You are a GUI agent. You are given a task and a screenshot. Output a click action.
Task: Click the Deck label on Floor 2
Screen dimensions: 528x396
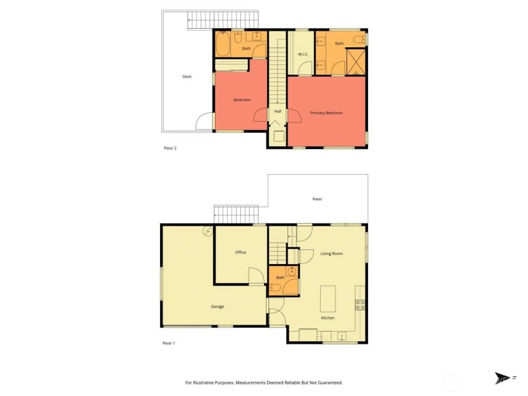187,77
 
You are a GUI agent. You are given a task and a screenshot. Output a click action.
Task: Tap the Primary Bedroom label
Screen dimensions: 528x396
326,113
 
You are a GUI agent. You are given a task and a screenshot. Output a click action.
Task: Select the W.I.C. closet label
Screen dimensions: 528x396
303,54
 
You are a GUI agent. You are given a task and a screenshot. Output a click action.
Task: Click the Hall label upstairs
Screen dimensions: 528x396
278,111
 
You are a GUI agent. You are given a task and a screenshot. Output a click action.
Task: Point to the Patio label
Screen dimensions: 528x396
317,199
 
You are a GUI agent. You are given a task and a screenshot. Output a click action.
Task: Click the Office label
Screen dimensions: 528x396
240,253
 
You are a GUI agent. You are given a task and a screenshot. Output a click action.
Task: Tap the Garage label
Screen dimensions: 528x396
217,307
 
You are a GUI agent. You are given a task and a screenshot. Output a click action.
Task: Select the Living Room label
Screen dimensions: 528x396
332,254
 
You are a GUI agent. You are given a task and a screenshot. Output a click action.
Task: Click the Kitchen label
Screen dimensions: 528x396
328,318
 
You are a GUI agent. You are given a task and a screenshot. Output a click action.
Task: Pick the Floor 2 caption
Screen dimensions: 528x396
170,148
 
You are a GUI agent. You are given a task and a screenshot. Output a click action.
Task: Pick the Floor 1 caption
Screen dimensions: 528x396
169,344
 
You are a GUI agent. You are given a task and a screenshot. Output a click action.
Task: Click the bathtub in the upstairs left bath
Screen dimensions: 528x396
223,44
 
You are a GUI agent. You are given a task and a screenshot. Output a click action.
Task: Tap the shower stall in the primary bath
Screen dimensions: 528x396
356,62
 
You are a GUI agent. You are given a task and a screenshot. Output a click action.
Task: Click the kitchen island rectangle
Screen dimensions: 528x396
328,299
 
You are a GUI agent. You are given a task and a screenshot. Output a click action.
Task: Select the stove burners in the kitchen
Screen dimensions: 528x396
360,305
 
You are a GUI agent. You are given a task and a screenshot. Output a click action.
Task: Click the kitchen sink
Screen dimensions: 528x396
341,336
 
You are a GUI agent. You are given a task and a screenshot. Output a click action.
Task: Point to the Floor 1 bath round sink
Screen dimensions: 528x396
291,271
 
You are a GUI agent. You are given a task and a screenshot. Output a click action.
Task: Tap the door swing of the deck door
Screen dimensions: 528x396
204,121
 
